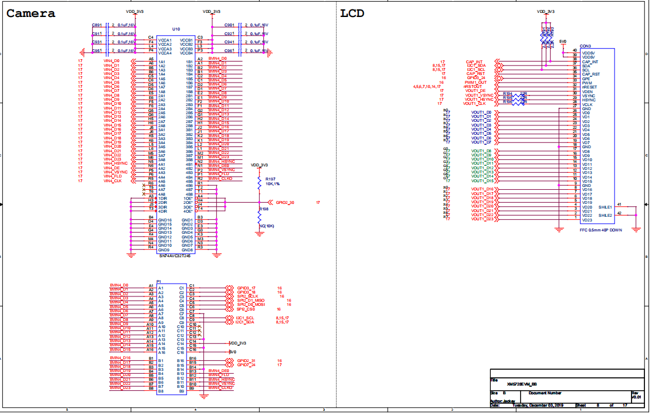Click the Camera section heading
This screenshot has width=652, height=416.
[31, 13]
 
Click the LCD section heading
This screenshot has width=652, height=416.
[352, 13]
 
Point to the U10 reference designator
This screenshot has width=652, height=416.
[176, 29]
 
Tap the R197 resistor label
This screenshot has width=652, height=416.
[270, 178]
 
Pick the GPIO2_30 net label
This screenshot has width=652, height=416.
[285, 202]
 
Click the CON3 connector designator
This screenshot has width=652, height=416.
[585, 46]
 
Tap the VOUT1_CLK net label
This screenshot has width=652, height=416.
[474, 104]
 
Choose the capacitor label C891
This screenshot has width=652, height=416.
[97, 25]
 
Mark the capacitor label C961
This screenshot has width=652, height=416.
[229, 51]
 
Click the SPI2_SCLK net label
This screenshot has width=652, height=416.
[248, 296]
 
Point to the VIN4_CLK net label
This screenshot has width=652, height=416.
[113, 181]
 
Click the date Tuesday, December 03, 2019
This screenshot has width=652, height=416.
[537, 405]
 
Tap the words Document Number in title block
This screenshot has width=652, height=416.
[545, 393]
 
